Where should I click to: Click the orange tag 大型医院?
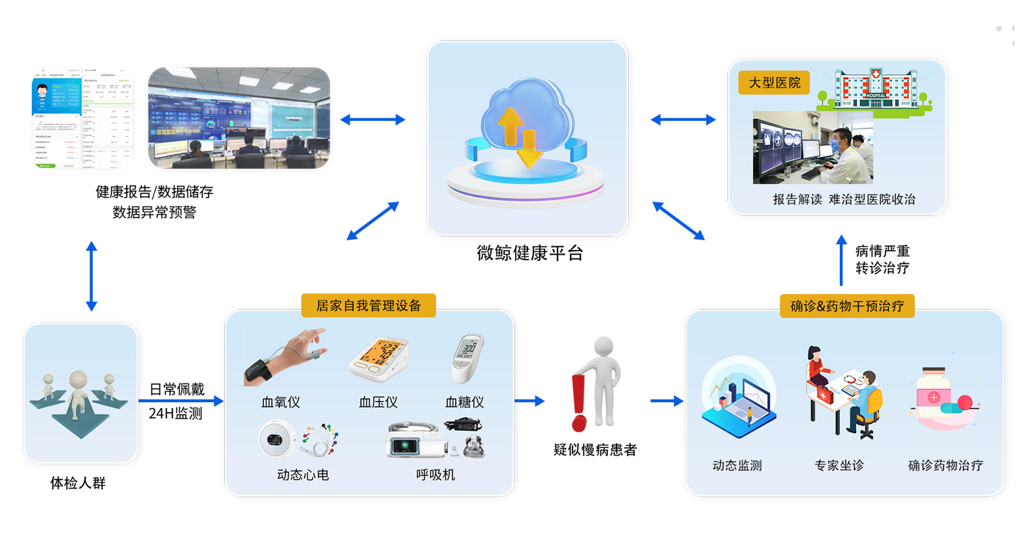pos(774,83)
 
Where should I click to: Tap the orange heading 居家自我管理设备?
pos(369,306)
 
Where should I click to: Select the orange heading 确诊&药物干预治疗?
pos(847,306)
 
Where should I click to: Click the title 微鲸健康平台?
pos(529,253)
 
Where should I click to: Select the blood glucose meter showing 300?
pos(467,357)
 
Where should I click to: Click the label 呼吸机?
pos(435,475)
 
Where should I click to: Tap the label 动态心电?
pos(303,475)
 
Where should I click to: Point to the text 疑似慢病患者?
pos(595,449)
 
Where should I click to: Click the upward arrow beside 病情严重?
pos(841,260)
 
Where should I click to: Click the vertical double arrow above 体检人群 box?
pos(92,276)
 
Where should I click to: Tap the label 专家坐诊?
pos(839,465)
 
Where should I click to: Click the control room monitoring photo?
pos(239,118)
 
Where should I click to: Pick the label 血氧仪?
pos(281,402)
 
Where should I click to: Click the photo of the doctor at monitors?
pos(813,148)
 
